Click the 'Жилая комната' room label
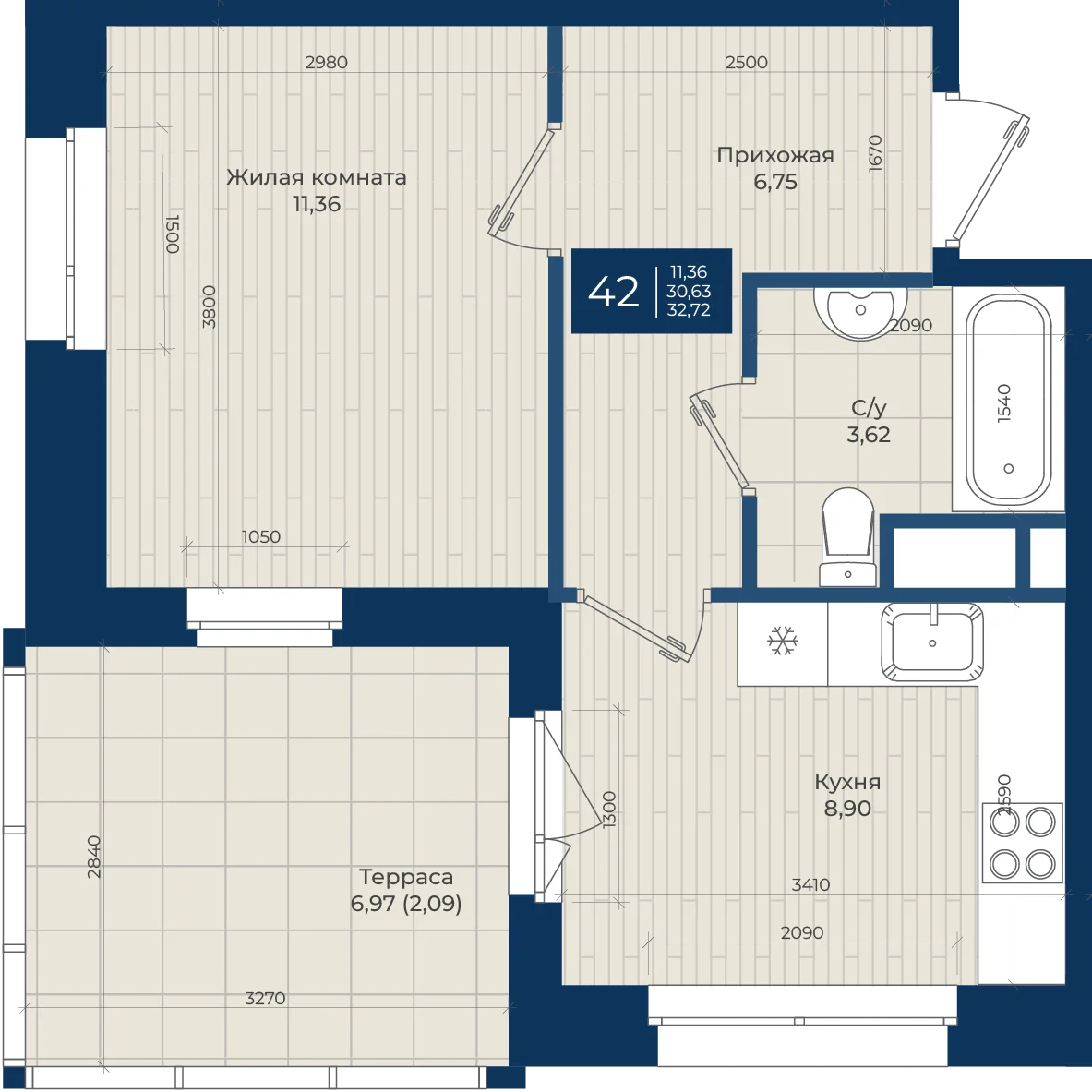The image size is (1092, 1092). tap(317, 177)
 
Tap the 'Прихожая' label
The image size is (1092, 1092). tap(775, 155)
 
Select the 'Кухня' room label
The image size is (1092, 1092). tap(847, 782)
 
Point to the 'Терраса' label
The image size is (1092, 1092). tap(406, 877)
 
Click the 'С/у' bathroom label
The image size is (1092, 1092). tap(869, 407)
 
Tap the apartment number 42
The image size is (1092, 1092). tap(613, 291)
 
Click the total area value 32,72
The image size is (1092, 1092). tap(688, 310)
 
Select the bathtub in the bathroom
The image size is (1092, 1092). tap(1008, 399)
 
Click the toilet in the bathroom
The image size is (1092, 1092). tap(847, 537)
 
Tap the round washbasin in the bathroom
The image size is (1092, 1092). tap(861, 311)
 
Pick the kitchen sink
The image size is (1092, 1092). tap(932, 642)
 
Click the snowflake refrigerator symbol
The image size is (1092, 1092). tap(782, 641)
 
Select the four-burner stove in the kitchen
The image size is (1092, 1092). tap(1023, 844)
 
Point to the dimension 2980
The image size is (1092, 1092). tap(326, 62)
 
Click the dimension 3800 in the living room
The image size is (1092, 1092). tap(209, 307)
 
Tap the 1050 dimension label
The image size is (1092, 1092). tap(261, 537)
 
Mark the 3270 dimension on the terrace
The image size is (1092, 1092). tap(265, 998)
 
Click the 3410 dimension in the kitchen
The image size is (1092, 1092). tap(810, 884)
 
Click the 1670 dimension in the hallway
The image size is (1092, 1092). tap(875, 153)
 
